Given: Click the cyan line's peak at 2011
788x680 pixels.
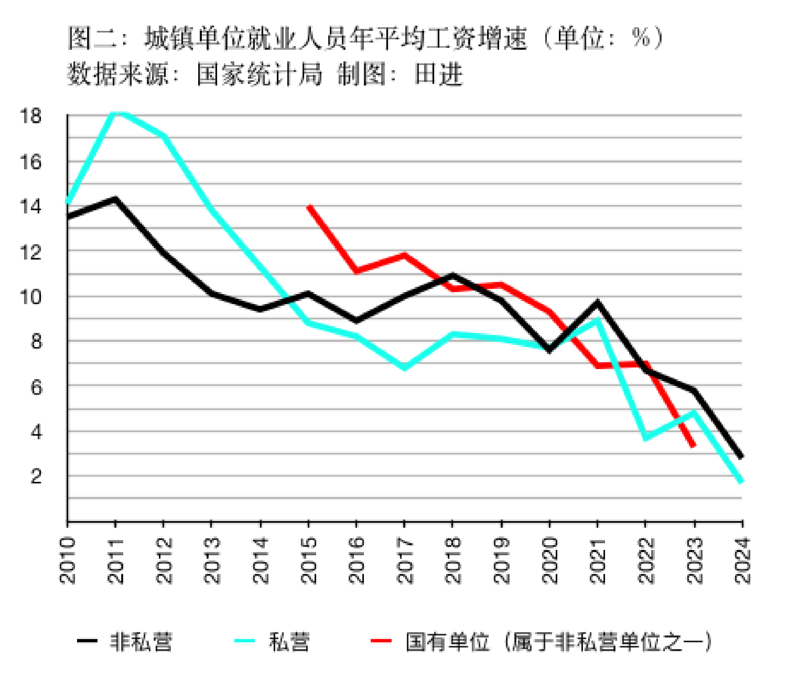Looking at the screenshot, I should point(116,113).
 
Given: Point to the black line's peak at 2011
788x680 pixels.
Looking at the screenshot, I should point(116,199).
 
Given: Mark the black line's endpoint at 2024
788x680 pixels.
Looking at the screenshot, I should point(741,457).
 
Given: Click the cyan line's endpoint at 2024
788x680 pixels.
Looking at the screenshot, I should point(741,481).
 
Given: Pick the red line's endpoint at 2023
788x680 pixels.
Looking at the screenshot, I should point(694,446).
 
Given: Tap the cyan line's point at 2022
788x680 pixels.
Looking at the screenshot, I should point(646,438).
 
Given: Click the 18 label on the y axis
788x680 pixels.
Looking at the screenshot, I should point(30,116).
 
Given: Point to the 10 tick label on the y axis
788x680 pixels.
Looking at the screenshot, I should point(30,297).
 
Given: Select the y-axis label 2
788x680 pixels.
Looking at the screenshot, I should point(36,476).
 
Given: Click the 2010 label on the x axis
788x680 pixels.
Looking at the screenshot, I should point(67,560).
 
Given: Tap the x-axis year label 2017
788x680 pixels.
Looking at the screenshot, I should point(404,560).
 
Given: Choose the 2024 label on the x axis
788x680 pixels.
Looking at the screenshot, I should point(742,560).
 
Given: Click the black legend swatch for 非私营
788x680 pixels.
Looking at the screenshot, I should point(87,641).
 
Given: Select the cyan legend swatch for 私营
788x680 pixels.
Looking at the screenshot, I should point(244,641).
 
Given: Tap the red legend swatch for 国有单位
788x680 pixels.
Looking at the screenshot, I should point(381,641).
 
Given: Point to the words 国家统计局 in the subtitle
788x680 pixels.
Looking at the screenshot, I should point(260,74).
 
